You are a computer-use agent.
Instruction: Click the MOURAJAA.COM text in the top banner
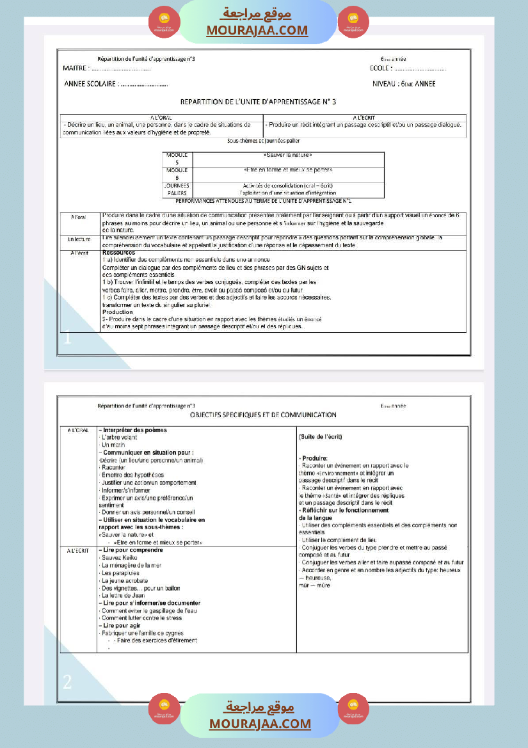click(x=257, y=30)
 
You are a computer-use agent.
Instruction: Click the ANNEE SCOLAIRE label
click(x=90, y=84)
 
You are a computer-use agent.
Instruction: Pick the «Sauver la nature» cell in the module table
click(x=287, y=155)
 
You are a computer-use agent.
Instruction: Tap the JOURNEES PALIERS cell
click(x=177, y=189)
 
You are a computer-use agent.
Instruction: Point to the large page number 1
click(x=67, y=338)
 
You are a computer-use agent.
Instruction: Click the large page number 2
click(x=67, y=682)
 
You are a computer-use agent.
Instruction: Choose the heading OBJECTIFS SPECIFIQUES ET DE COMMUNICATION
click(x=262, y=415)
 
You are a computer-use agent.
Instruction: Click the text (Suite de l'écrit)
click(x=321, y=436)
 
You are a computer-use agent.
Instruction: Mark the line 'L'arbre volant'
click(x=119, y=437)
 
